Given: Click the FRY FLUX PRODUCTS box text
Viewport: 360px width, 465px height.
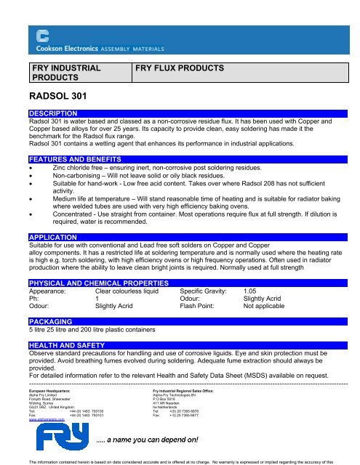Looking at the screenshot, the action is pyautogui.click(x=180, y=68).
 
